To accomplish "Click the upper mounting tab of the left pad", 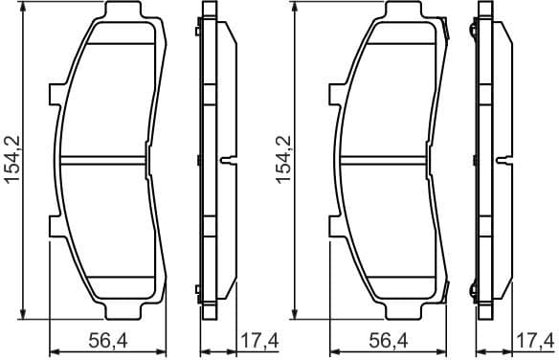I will pyautogui.click(x=55, y=95).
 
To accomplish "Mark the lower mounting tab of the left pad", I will pyautogui.click(x=55, y=226).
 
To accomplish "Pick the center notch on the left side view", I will pyautogui.click(x=228, y=160).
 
